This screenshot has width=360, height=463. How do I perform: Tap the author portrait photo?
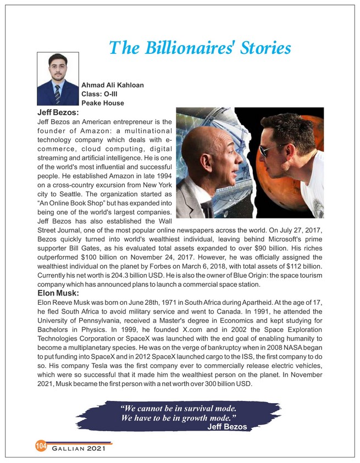tap(58, 79)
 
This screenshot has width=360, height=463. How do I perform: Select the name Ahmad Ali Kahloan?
tap(113, 85)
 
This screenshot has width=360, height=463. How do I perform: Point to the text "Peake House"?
tap(102, 103)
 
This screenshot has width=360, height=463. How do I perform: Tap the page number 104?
tap(41, 445)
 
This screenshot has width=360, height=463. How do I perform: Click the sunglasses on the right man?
tap(272, 150)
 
